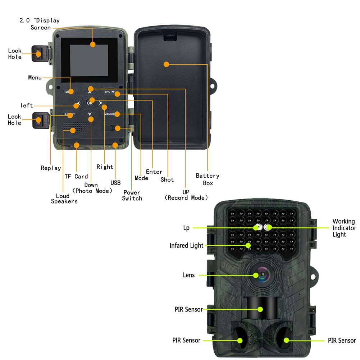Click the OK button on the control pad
click(89, 103)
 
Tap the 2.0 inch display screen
click(89, 61)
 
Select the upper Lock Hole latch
click(40, 54)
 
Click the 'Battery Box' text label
click(208, 179)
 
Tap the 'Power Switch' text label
click(132, 195)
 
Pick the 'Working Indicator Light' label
click(344, 228)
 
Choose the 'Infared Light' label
click(186, 246)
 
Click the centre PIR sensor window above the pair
click(261, 308)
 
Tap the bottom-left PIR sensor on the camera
click(238, 339)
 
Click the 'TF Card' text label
click(76, 177)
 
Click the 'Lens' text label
click(189, 275)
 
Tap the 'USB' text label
click(115, 183)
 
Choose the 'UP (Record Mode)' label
click(186, 195)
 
